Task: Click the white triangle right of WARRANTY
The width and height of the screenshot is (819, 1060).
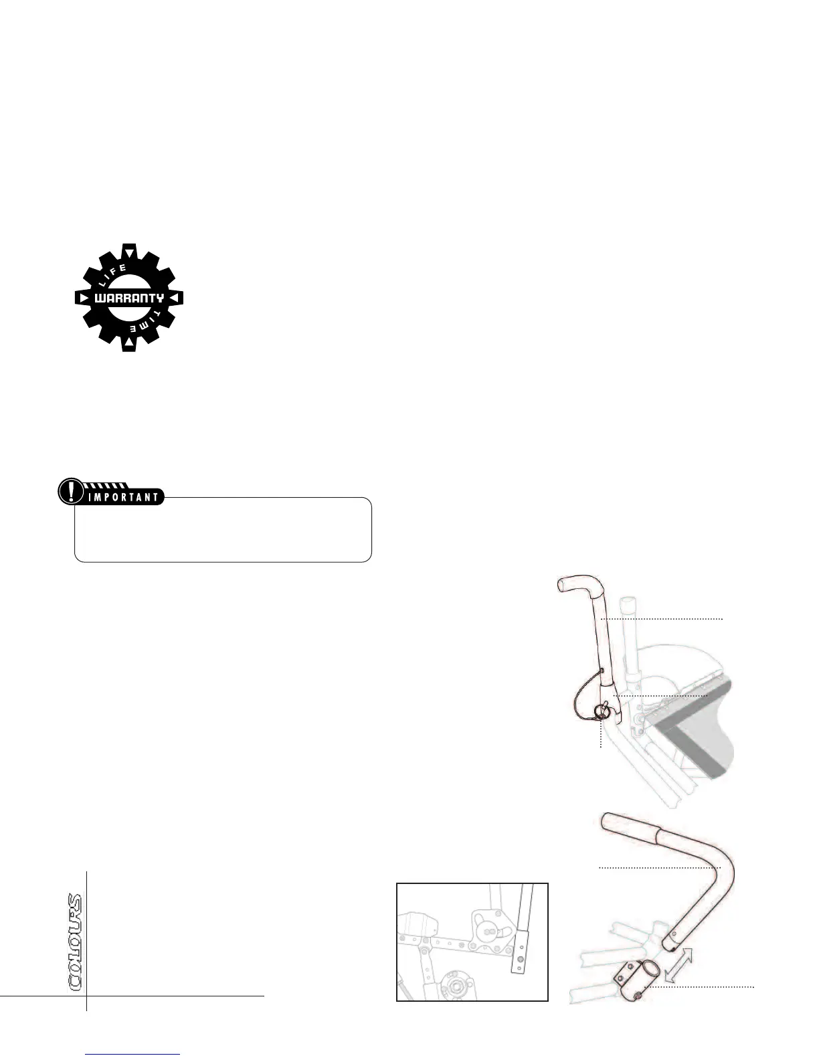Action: point(175,298)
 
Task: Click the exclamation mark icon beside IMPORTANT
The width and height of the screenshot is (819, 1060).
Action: point(68,492)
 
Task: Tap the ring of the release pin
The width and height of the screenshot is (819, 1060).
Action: point(602,714)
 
